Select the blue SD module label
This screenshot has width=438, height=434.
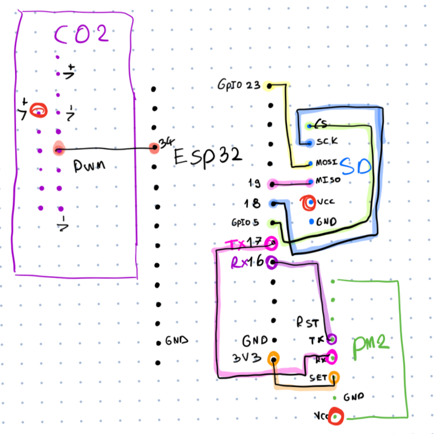tap(355, 165)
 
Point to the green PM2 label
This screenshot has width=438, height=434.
tap(372, 344)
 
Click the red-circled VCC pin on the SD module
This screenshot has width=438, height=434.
tap(309, 202)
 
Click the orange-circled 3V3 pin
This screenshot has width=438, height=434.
tap(273, 358)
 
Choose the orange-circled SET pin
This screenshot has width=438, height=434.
tap(334, 377)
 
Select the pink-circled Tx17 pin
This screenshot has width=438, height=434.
tap(271, 243)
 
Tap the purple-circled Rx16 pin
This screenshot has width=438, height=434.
tap(271, 262)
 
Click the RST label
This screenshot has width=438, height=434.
tap(307, 323)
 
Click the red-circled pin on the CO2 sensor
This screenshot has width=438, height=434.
tap(38, 111)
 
